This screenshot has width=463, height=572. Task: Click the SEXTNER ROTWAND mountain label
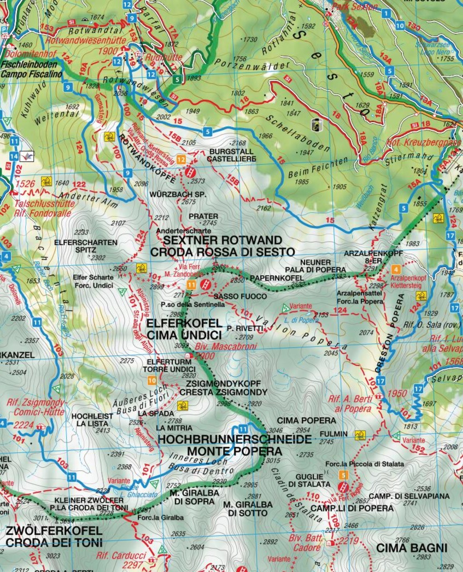(x=215, y=241)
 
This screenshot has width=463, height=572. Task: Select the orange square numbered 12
(x=181, y=159)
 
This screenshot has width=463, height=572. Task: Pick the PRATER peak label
(x=203, y=216)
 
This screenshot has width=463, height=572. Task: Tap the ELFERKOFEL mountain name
(x=183, y=323)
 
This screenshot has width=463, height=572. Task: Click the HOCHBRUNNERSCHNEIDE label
(x=235, y=439)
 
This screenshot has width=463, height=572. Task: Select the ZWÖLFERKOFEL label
(x=54, y=531)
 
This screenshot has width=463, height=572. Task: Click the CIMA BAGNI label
(x=411, y=547)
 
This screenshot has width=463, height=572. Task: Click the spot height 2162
(x=263, y=208)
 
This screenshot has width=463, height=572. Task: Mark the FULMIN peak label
(x=334, y=434)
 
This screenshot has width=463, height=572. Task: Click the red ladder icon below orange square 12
(x=190, y=171)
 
